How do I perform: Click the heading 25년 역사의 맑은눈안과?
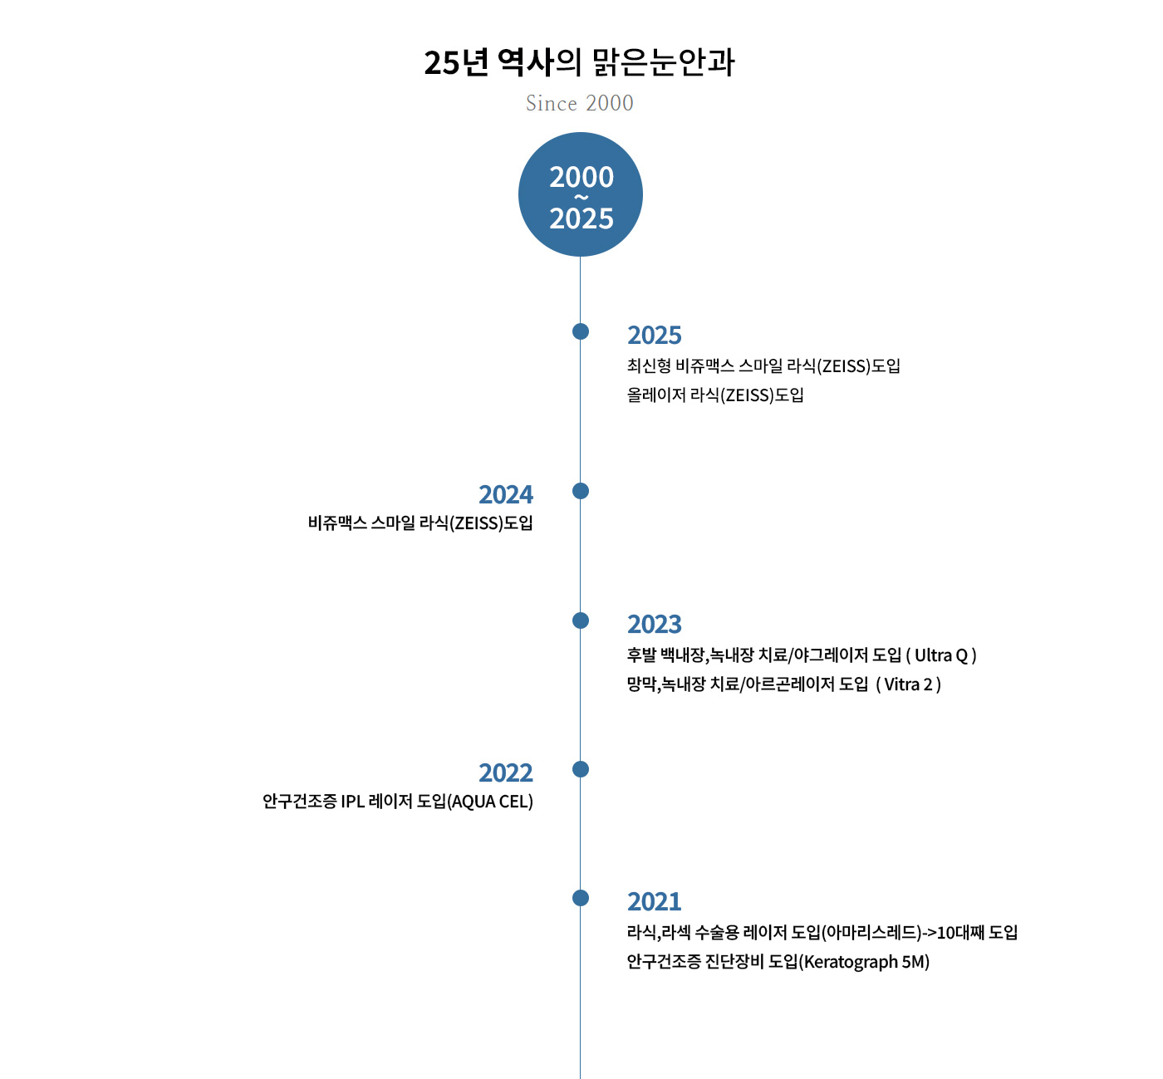point(579,62)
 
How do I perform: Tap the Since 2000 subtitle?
point(579,103)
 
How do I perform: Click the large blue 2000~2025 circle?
point(581,194)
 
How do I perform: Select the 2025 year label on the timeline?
point(654,335)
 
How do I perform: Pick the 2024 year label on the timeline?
point(506,494)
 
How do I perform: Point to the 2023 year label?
point(654,624)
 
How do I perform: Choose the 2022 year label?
point(506,772)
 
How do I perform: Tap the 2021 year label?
point(654,901)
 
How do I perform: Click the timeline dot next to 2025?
point(581,331)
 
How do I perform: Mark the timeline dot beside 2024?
point(581,491)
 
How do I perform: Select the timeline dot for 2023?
point(581,620)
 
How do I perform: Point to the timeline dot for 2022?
point(581,769)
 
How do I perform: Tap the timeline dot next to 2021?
point(581,898)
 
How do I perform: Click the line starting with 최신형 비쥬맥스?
point(763,366)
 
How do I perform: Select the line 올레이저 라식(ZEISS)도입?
point(715,395)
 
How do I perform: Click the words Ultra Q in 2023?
point(941,655)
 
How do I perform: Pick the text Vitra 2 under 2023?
point(908,684)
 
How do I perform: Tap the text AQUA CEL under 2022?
point(490,802)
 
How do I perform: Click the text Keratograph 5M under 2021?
point(864,962)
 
